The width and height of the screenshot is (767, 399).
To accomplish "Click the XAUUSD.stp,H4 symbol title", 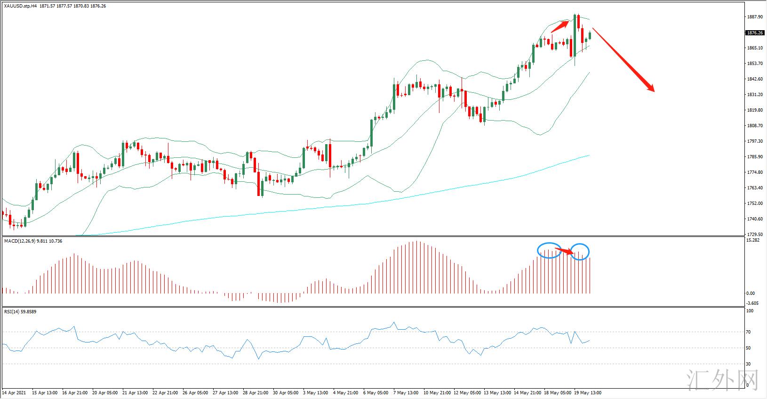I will (x=20, y=6).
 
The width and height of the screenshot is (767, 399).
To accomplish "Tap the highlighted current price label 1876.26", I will (x=755, y=33).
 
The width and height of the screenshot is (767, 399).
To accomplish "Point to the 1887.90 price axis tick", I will (x=755, y=17).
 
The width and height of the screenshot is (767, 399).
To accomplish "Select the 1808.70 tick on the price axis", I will (x=755, y=126).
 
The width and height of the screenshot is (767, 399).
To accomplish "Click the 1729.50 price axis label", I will (x=755, y=235).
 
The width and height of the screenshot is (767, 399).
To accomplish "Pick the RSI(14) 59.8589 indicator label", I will (x=20, y=311).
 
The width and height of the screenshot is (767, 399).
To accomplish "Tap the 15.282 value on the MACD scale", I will (x=753, y=240).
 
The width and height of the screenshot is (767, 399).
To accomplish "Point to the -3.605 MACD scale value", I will (x=753, y=303).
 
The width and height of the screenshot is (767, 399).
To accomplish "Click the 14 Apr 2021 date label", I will (x=14, y=392).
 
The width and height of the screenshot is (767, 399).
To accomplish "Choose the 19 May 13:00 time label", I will (x=587, y=392).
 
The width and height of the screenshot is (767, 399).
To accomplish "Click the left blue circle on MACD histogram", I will (x=549, y=250).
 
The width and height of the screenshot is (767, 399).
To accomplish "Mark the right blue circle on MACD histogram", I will (x=580, y=252).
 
